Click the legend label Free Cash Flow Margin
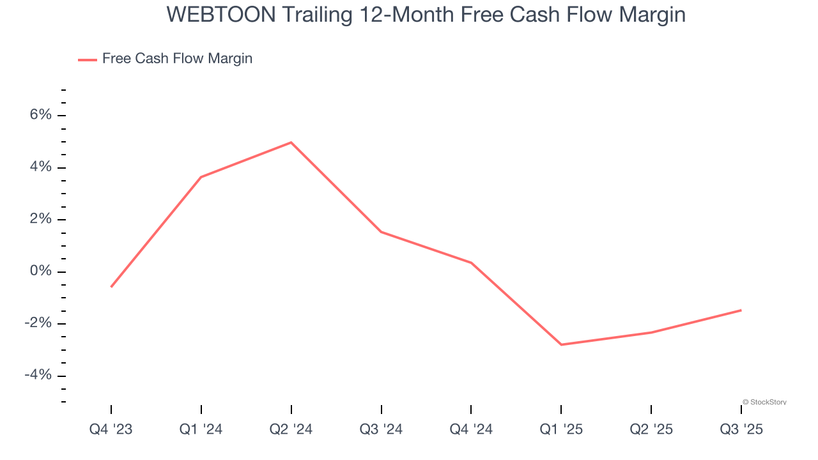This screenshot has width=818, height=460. coord(177,59)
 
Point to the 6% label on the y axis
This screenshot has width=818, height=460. coord(40,115)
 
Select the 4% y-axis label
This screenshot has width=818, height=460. coord(40,167)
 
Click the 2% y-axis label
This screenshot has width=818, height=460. coord(40,219)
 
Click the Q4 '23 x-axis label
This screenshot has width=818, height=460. coord(111,429)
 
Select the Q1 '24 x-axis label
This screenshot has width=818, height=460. coord(201,429)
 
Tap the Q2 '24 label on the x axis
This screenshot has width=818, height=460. coord(291,429)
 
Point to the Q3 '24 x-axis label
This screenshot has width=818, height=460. coord(382,429)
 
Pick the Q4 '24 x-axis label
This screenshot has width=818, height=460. coord(471,429)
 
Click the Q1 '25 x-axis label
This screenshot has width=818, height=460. coord(561,429)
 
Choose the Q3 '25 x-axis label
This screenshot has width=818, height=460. coord(741,429)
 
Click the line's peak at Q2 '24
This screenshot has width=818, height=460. coord(291,142)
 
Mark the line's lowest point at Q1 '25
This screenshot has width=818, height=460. coord(561,345)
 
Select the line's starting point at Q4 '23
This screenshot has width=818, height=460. coord(111,287)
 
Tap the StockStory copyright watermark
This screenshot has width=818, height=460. coord(764,402)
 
